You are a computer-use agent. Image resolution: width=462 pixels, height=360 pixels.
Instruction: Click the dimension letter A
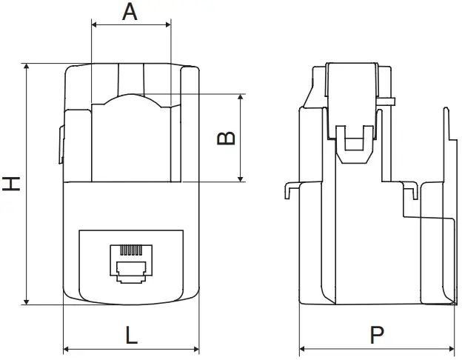click(x=130, y=12)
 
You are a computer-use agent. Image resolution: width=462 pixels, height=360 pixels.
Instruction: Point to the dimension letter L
click(x=131, y=336)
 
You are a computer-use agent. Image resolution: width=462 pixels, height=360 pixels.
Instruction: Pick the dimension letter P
click(x=377, y=336)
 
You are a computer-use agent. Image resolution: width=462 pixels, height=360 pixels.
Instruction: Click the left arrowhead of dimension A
click(x=93, y=25)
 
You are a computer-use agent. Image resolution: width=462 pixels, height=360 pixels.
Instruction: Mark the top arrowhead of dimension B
click(x=241, y=98)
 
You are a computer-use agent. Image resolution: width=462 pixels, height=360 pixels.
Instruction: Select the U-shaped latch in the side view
click(x=353, y=144)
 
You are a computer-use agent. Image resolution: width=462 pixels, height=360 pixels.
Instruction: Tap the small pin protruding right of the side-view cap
click(x=389, y=101)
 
